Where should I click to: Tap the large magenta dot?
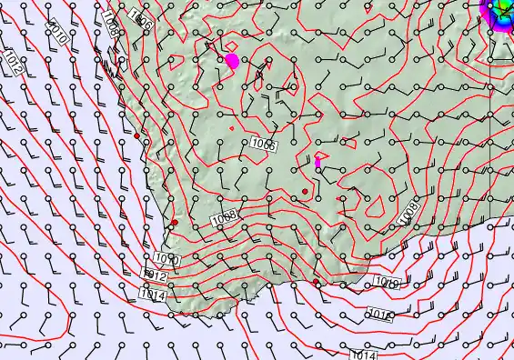231,61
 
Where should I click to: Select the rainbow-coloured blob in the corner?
500,11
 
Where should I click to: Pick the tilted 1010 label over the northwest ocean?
57,35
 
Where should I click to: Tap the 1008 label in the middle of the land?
264,144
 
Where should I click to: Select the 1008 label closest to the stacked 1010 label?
224,217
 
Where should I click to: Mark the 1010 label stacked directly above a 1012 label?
166,261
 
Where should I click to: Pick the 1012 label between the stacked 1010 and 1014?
156,275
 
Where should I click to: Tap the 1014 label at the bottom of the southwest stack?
152,294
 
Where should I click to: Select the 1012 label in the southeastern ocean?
379,315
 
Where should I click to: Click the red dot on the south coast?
316,282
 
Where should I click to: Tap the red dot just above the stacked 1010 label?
174,222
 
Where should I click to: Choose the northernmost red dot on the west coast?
136,135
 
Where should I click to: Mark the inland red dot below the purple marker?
305,191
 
